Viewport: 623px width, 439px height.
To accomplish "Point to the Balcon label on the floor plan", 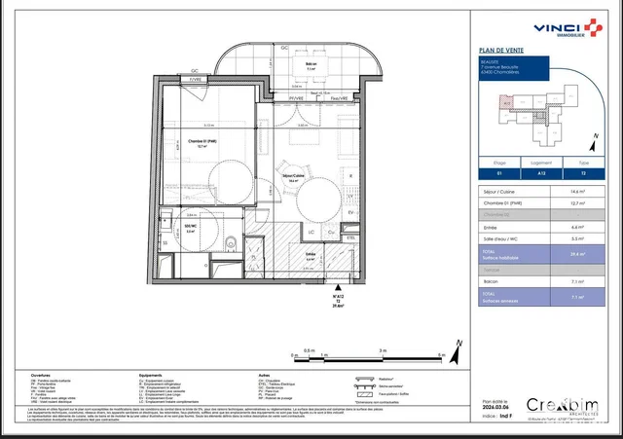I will tap(310, 66).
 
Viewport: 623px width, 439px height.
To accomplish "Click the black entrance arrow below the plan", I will tap(337, 285).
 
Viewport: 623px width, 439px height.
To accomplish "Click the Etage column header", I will tap(497, 165).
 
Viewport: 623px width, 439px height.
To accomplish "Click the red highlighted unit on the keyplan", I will tap(505, 100).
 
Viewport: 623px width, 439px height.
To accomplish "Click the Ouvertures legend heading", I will tap(41, 374).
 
